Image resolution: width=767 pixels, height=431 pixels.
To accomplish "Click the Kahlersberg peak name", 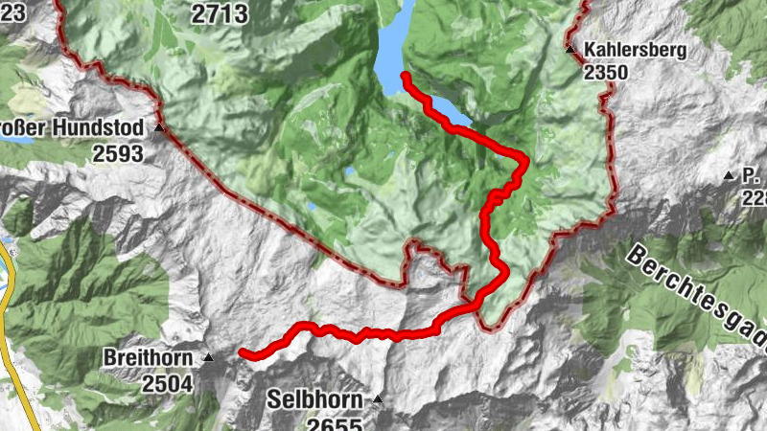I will coord(634,50).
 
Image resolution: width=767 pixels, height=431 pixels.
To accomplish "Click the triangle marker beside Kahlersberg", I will coord(569,48).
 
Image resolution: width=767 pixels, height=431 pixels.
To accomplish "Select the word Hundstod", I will coord(100,127).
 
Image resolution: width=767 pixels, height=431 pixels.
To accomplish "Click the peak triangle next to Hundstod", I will coord(160,126).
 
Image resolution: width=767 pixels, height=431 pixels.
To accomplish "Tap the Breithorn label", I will coord(150,358).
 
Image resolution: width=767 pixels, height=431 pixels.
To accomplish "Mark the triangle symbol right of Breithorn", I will coord(208,357).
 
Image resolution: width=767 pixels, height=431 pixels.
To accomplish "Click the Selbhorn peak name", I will coord(314,399).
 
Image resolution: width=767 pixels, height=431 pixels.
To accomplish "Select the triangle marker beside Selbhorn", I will coord(378,398).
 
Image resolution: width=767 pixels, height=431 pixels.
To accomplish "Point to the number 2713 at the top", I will coord(220,13).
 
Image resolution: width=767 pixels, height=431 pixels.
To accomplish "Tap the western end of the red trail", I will coord(242,352).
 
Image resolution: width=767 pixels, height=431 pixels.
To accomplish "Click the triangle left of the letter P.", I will coord(728,176).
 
